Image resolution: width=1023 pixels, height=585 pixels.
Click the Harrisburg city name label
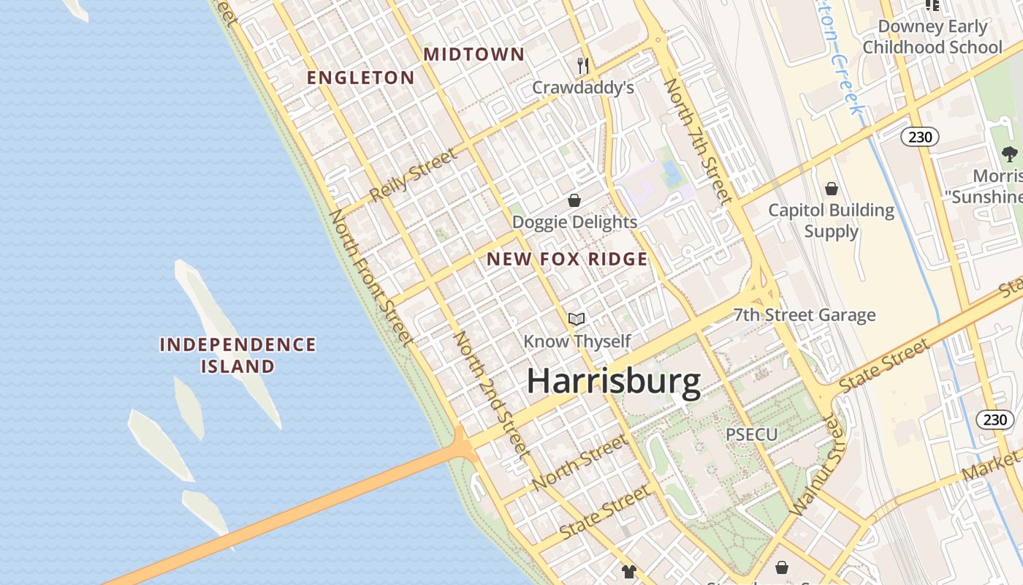pos(614,382)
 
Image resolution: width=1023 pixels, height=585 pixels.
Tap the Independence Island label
pos(238,355)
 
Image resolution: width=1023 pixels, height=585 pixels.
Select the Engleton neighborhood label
pos(360,78)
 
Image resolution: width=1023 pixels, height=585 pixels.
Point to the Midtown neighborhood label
pos(474,54)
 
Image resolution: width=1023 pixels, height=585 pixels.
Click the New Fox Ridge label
pos(567,259)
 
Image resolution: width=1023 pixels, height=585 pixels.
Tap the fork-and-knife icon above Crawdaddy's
pos(582,66)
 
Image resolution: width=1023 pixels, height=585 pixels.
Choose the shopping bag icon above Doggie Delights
pos(574,200)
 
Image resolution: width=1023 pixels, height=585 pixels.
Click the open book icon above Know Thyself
pos(577,319)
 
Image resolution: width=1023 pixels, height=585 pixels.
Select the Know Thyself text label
pos(577,341)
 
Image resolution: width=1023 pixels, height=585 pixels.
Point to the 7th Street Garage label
pos(804,315)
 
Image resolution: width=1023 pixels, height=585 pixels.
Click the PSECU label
pos(751,434)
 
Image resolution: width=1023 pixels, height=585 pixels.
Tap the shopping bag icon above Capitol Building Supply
pos(831,189)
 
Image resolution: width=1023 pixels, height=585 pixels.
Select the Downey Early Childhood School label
pos(932,37)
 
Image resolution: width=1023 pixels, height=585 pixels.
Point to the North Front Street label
pos(371,277)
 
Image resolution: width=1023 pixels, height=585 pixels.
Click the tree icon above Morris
pos(1010,154)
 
